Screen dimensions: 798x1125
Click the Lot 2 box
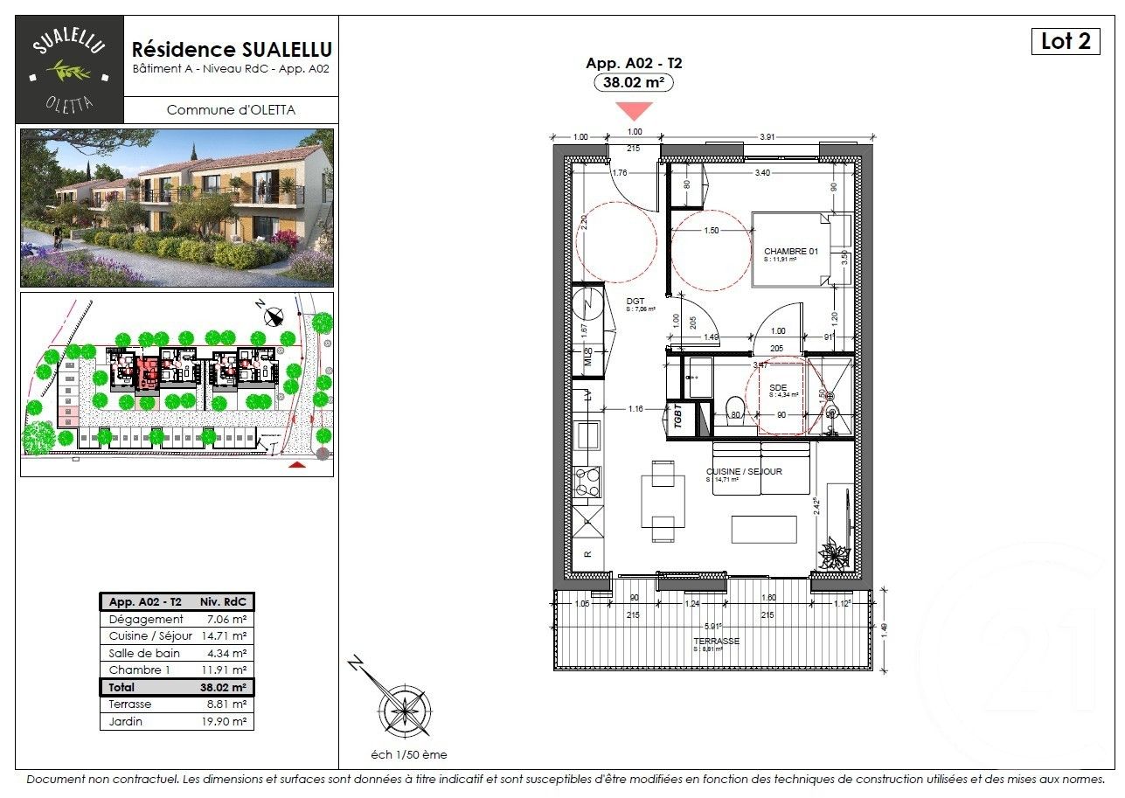pos(1065,41)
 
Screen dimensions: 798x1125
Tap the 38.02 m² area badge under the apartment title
pos(634,83)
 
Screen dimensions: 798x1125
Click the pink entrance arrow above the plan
pos(635,110)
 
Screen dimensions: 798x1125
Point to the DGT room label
pos(636,302)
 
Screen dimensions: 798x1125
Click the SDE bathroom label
pos(779,387)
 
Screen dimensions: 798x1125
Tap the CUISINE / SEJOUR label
pos(744,472)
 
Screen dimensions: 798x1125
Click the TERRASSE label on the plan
pos(718,641)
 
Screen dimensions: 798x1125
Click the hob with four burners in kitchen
pos(587,480)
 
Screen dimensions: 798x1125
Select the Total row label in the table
pos(122,687)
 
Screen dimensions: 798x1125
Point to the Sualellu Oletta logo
pos(70,69)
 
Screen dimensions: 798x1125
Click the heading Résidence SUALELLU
pos(231,50)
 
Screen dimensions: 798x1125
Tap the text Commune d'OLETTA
pos(231,109)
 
